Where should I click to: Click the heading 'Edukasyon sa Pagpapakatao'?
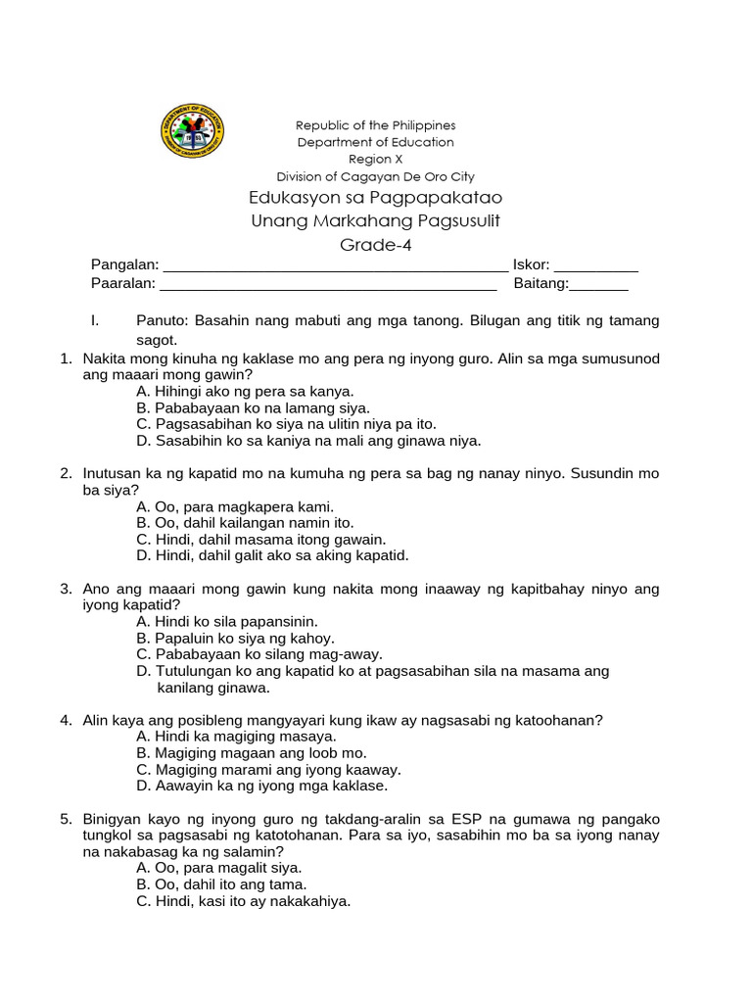(375, 199)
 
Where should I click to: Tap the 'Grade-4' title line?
(375, 244)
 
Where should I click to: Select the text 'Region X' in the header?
(375, 159)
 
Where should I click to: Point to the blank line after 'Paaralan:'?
(328, 285)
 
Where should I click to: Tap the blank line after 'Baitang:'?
(598, 285)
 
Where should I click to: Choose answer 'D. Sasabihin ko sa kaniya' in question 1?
(308, 441)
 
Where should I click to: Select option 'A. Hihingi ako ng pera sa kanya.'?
(245, 391)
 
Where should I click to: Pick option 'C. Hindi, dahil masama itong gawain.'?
(261, 539)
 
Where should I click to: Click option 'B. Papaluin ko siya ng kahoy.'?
(236, 638)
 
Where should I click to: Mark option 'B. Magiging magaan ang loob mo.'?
(252, 752)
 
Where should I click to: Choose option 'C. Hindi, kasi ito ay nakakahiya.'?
(244, 901)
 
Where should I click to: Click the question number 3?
(66, 589)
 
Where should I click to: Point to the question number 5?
(66, 819)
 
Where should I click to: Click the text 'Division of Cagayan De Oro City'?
(375, 177)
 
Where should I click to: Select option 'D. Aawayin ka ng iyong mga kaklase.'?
(262, 786)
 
